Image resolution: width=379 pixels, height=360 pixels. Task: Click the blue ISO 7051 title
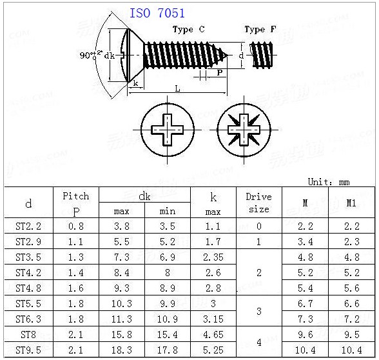(157, 13)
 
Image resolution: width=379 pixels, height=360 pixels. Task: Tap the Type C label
(189, 30)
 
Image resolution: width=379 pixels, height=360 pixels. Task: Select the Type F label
(260, 30)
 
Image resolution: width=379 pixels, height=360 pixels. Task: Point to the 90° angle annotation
(91, 55)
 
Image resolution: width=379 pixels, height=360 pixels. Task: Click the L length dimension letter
(178, 88)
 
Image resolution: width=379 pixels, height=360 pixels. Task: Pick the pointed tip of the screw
(228, 55)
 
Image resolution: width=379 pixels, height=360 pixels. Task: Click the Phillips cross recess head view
(168, 130)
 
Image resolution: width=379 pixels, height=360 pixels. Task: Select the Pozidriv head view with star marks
(244, 130)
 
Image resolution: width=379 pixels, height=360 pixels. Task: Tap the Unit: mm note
(329, 182)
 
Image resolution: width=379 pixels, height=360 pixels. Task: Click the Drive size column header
(259, 203)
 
